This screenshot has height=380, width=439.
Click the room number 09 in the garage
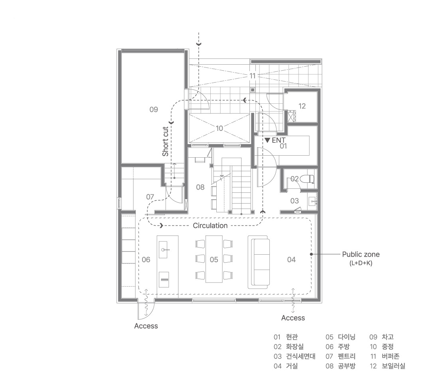153,109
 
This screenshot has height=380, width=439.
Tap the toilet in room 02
307,178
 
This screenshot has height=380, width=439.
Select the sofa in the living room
259,262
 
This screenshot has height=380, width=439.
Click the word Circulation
210,226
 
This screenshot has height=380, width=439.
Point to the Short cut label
166,141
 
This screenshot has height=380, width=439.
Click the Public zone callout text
361,255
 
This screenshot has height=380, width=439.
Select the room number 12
302,106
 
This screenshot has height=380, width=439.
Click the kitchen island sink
164,249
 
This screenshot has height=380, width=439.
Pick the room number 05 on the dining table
214,259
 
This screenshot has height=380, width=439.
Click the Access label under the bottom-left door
146,326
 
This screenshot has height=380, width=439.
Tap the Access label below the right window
293,318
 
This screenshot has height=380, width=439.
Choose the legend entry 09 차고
381,337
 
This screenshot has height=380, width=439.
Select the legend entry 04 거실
286,366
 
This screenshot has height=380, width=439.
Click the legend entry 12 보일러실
387,366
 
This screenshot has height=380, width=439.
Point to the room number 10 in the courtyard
219,128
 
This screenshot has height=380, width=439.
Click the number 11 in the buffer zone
253,75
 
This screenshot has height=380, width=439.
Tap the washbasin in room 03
312,201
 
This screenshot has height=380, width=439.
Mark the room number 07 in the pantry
150,197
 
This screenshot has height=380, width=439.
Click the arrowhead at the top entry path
198,44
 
